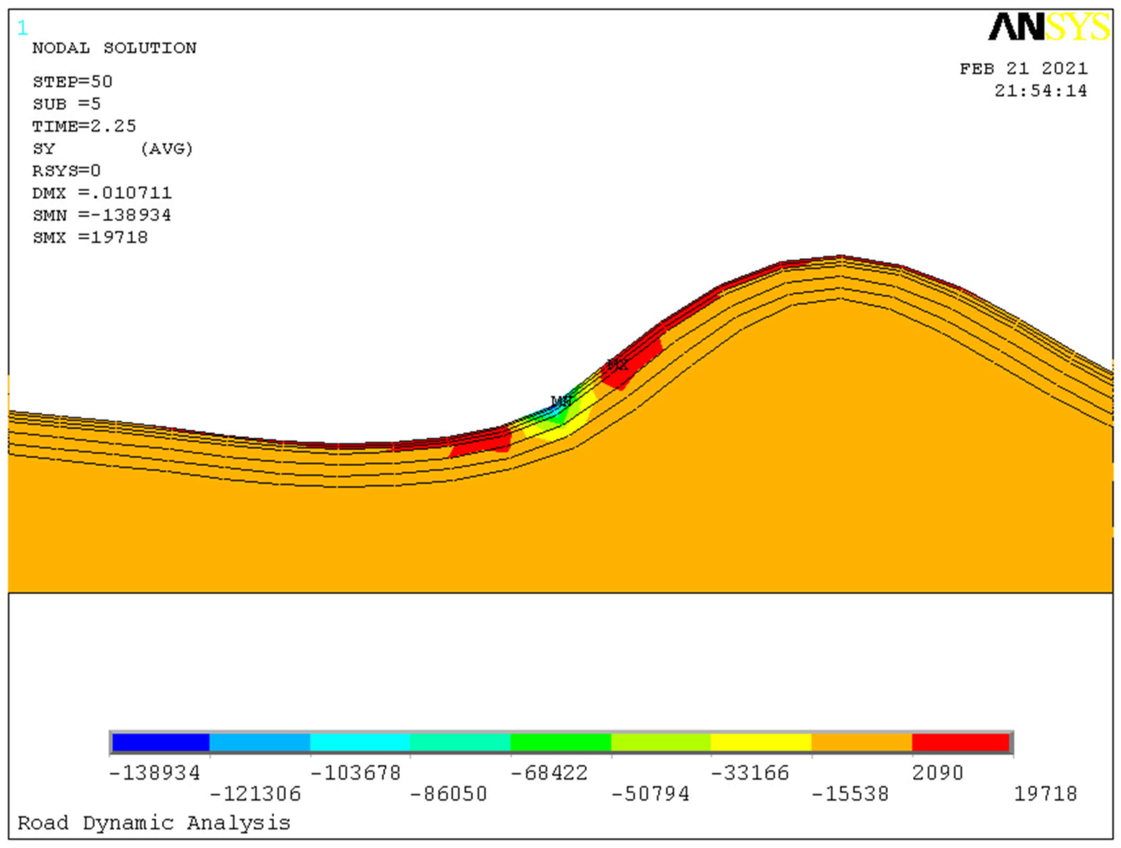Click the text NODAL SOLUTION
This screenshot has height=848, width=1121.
coord(115,48)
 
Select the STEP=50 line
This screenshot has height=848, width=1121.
coord(72,82)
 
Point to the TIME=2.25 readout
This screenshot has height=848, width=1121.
coord(85,126)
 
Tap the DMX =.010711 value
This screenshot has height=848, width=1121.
coord(102,193)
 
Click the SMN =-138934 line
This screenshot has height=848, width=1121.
coord(102,215)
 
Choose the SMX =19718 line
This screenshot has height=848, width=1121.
coord(90,238)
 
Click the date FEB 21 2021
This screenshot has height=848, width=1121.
coord(1023,69)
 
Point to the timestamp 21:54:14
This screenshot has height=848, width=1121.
coord(1040,91)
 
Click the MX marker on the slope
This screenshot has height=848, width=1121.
coord(617,364)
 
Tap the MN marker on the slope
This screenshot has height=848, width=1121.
coord(561,401)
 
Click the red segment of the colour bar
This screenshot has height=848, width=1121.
coord(961,742)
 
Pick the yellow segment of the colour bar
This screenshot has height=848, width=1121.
coord(761,742)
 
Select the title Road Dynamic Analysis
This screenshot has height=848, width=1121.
coord(154,823)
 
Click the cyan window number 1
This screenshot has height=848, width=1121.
coord(22,28)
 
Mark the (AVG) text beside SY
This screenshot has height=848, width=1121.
coord(167,149)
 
